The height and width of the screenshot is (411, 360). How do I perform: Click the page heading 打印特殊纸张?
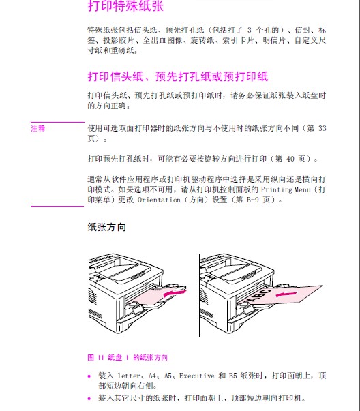point(125,5)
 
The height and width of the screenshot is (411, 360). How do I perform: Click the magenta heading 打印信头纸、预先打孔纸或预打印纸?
point(178,76)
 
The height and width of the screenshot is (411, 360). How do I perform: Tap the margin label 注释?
point(38,128)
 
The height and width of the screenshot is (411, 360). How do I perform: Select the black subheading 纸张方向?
point(107,227)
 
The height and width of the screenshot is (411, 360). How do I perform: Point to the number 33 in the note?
point(322,128)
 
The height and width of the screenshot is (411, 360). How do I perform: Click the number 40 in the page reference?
point(290,159)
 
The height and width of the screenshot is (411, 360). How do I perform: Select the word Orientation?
point(159,200)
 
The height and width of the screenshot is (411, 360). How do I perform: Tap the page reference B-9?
point(252,200)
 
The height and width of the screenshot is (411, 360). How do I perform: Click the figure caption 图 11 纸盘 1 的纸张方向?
point(127,358)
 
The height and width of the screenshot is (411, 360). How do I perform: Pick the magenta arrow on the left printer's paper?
point(175,292)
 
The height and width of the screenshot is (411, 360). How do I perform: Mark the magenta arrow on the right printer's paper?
point(286,294)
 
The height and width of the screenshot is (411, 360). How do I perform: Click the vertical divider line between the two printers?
point(199,296)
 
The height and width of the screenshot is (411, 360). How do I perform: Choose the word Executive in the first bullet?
point(196,376)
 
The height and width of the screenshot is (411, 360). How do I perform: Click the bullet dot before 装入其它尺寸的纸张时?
point(89,399)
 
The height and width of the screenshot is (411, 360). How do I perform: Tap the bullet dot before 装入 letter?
point(89,376)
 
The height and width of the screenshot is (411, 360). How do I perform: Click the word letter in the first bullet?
point(128,376)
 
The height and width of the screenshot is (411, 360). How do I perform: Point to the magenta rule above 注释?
point(57,122)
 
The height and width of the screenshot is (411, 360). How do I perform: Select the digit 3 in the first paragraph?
point(249,30)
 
